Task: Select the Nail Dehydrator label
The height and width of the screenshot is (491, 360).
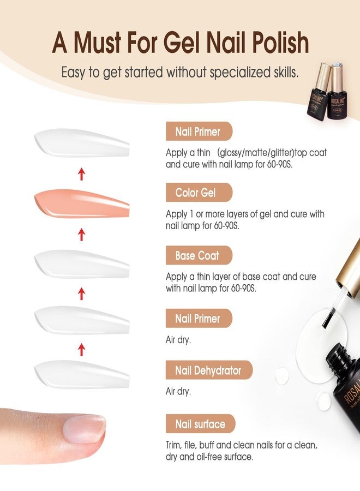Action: coord(209,371)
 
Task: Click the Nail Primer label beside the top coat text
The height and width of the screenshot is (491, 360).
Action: coord(199,131)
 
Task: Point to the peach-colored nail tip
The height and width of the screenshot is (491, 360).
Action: coord(82,204)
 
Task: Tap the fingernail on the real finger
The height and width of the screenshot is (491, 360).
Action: coord(84,429)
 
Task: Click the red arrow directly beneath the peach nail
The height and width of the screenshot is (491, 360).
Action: coord(82,235)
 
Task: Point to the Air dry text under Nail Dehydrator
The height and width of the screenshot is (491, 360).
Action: coord(178,391)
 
